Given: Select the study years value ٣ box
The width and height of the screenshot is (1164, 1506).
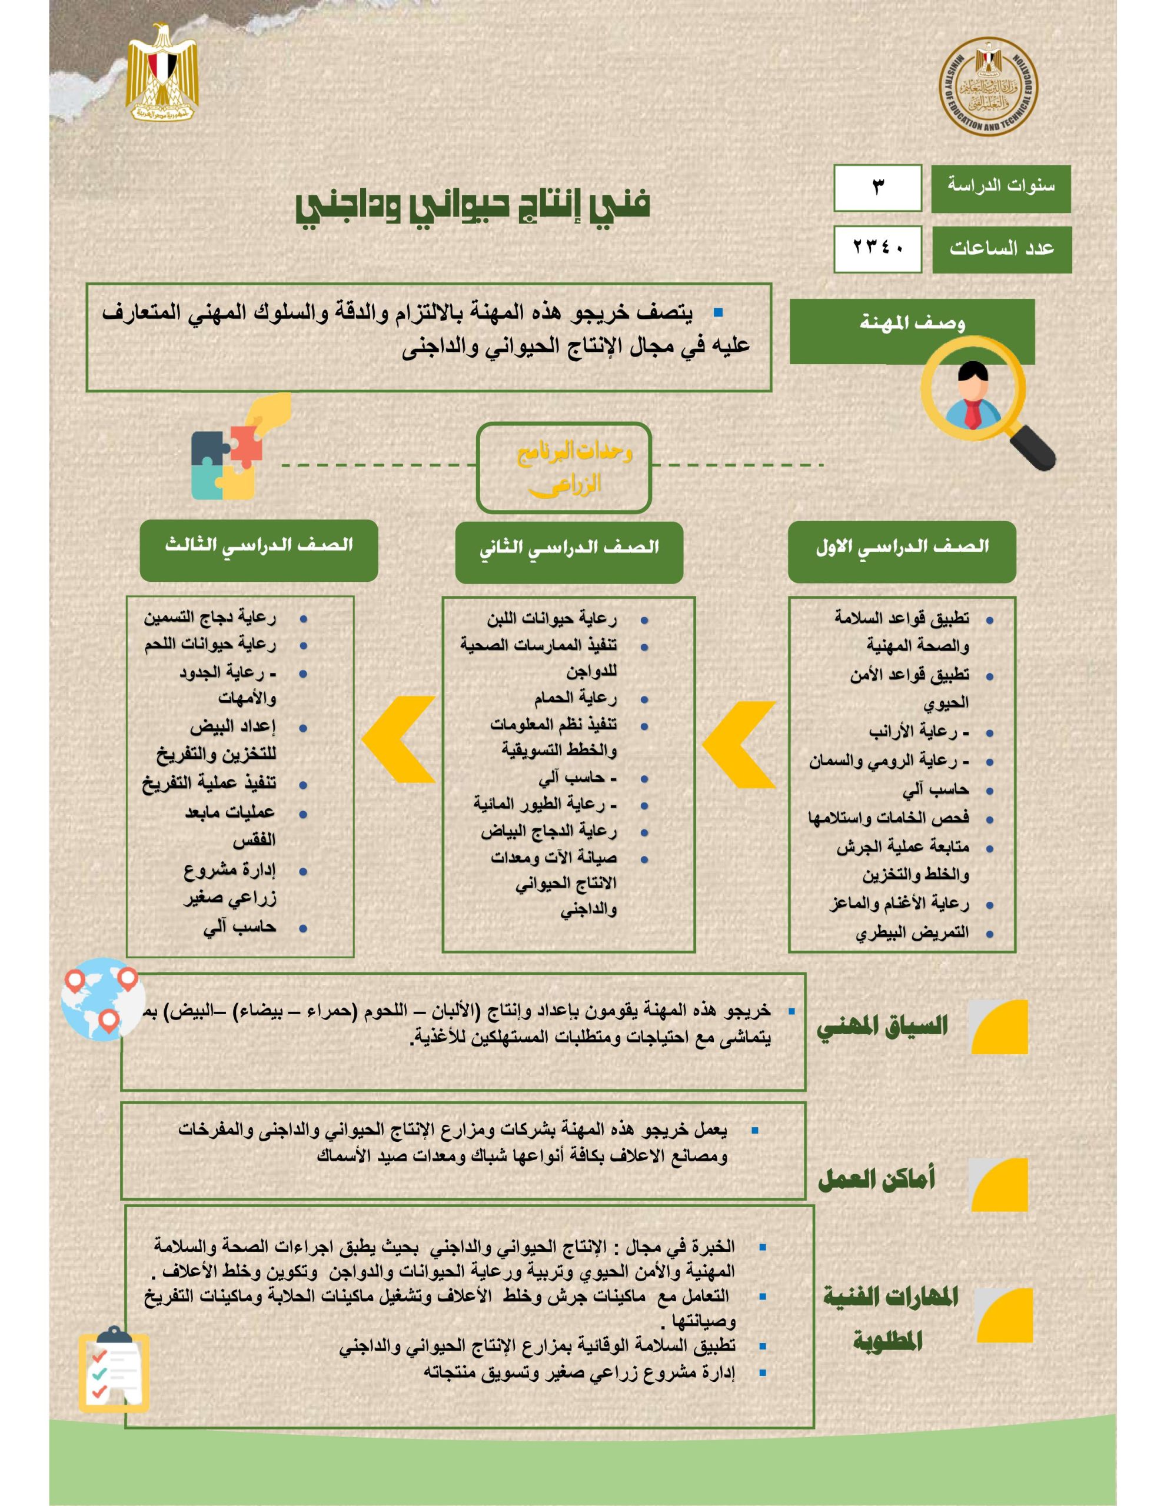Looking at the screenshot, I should pos(877,188).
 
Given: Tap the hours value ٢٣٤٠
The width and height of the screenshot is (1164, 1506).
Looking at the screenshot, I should pos(877,248).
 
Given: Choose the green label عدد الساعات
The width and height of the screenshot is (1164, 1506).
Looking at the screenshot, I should pos(1001,249).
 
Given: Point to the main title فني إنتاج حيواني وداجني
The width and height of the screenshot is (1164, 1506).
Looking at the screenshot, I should pos(473,205).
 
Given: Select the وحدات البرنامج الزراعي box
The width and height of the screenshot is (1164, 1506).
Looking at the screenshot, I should pos(564,468).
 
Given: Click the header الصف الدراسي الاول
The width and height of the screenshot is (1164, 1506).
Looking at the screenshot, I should pos(902,549).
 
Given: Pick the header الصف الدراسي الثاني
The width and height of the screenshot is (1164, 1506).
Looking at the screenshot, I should pos(568,550).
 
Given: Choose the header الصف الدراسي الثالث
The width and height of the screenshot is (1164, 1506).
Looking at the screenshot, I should pos(259,549).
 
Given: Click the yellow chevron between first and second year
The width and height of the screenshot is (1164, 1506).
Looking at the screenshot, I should pos(739,745).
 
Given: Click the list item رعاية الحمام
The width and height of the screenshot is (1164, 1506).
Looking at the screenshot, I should pos(575,698).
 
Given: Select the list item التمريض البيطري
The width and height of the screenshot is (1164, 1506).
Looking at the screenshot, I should pos(912,934).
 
